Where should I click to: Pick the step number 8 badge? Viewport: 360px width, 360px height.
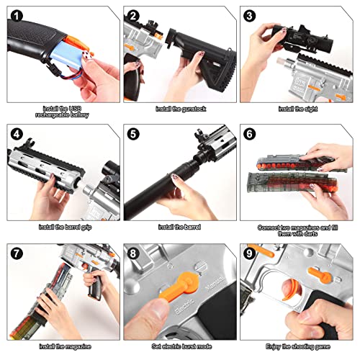point(132,253)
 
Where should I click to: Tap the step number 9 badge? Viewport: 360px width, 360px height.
point(250,253)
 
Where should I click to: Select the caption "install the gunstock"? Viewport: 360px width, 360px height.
point(179,109)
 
